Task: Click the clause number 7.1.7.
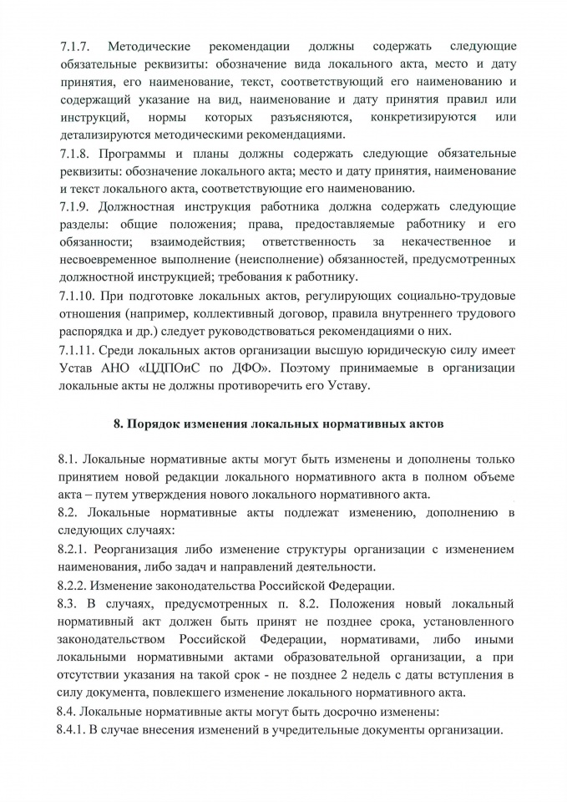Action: tap(75, 45)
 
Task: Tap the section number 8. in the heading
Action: tap(119, 424)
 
